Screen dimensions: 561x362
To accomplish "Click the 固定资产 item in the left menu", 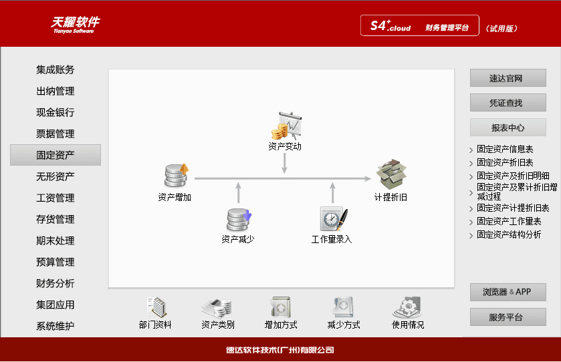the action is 55,155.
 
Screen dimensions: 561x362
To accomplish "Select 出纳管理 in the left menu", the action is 55,91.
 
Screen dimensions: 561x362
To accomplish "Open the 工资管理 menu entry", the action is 55,198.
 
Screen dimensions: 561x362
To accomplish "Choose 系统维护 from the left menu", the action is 55,326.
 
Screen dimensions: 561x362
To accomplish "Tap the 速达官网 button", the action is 508,78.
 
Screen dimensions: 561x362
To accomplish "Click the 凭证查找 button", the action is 508,103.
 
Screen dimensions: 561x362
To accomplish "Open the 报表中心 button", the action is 508,128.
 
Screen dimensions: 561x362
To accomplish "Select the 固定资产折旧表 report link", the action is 505,162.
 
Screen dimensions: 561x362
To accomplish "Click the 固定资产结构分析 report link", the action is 509,234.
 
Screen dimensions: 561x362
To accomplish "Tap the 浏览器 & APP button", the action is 508,292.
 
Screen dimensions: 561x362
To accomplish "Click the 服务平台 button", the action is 508,317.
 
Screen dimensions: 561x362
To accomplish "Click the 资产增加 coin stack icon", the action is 177,175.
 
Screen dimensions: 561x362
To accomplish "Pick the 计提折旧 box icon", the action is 391,174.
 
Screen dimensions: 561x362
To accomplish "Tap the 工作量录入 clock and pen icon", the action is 332,218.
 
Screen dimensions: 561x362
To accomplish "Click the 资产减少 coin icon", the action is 239,219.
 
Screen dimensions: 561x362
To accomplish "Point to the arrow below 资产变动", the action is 285,164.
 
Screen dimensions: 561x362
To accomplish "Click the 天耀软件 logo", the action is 75,24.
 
